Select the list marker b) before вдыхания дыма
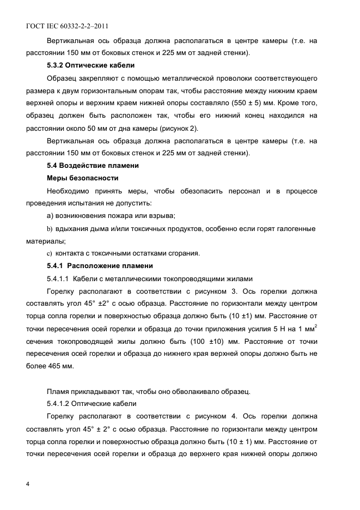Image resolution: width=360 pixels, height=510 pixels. pos(51,228)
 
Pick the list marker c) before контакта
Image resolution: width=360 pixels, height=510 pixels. pos(50,253)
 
